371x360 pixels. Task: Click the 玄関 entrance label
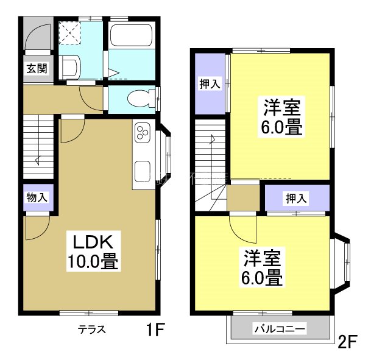coord(36,68)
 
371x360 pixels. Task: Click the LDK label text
coord(91,238)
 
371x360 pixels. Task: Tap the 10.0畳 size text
coord(92,261)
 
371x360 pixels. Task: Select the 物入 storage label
coord(36,197)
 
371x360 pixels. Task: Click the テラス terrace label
coord(92,330)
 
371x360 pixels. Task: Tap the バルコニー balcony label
coord(280,330)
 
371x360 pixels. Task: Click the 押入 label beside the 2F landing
coord(297,198)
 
